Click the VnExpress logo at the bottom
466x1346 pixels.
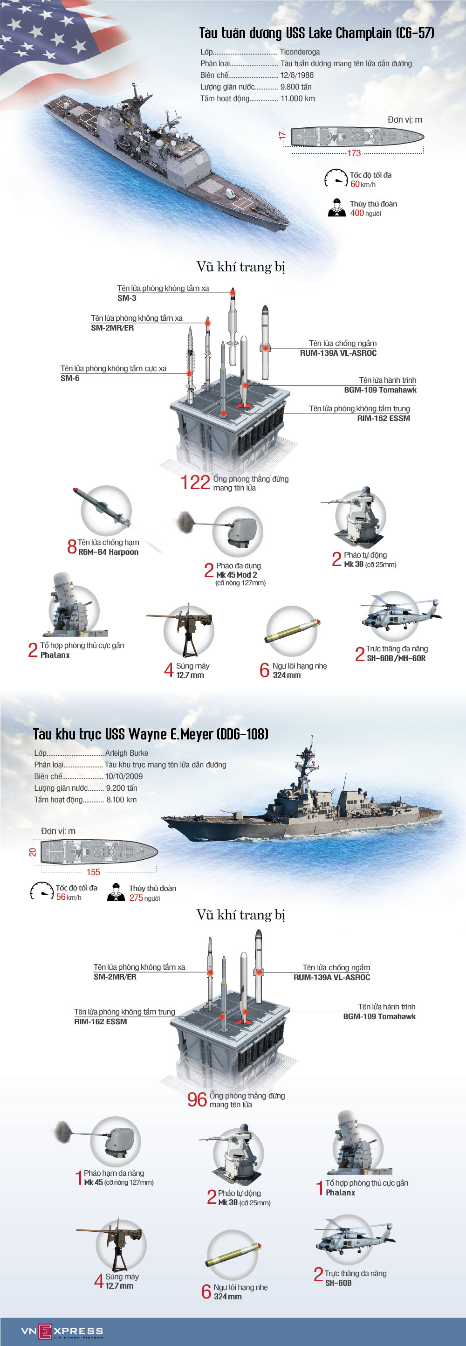pos(62,1331)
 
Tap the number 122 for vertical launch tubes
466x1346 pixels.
pos(195,482)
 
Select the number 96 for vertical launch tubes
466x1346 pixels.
pos(197,1099)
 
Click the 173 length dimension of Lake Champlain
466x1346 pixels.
pos(354,153)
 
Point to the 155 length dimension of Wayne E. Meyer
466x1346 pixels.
pos(93,871)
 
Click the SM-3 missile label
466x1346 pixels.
pos(127,298)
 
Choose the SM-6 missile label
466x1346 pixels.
pos(70,378)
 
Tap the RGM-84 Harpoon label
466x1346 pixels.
pos(108,552)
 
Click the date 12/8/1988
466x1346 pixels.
pos(297,75)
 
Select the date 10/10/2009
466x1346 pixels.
pos(124,776)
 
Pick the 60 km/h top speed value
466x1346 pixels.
pos(355,184)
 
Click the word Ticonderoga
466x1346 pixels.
pos(299,52)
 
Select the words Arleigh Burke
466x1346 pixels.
pos(126,753)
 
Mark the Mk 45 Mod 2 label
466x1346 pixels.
pos(236,574)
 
